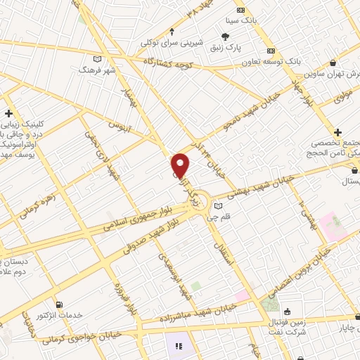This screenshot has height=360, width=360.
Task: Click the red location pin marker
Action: click(x=181, y=165)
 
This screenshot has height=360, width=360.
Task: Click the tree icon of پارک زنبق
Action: click(x=225, y=37)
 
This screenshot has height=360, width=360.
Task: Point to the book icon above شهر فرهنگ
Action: click(x=97, y=59)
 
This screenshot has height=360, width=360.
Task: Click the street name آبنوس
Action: click(x=120, y=127)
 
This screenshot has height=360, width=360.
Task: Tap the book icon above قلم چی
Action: click(x=218, y=206)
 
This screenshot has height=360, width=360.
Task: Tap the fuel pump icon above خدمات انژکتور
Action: click(x=59, y=304)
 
